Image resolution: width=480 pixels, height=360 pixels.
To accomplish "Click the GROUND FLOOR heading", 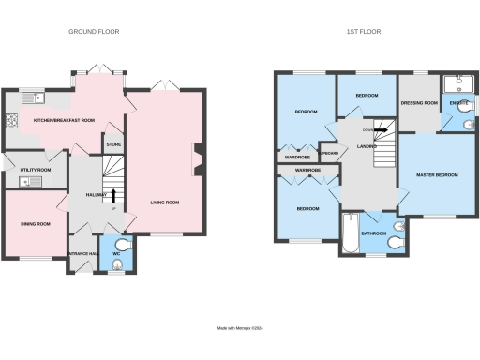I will point(94,32).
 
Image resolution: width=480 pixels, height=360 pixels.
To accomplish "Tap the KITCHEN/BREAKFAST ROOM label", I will point(65,121).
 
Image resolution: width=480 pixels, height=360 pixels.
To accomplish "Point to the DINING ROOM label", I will point(36,224).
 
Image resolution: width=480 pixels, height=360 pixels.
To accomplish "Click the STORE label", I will point(113,144).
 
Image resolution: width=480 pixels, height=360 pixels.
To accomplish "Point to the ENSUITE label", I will point(459,103).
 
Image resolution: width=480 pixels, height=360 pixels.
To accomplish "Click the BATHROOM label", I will point(375,232).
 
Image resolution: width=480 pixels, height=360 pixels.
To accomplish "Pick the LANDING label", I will point(353,146).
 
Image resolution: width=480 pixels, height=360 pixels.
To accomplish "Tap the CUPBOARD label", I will point(328,154).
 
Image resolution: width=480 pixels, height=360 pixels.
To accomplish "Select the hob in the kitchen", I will point(11,120).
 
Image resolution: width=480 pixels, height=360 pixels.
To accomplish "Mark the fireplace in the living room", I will point(197,158).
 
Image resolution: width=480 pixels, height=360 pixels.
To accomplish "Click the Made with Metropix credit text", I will point(240,328).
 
